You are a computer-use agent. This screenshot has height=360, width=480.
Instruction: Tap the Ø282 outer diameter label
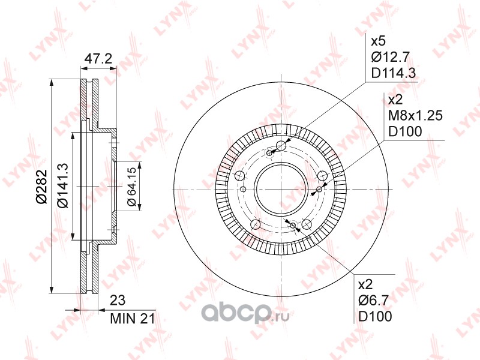[41, 186]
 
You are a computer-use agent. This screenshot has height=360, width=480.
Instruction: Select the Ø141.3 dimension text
[64, 185]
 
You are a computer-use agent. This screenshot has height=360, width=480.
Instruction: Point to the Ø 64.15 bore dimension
[131, 187]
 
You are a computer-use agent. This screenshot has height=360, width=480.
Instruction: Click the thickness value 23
[118, 301]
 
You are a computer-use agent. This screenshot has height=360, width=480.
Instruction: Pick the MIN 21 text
[133, 319]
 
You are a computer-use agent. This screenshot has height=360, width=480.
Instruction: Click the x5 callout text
[379, 41]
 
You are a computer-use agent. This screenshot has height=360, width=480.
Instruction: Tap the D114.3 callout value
[394, 73]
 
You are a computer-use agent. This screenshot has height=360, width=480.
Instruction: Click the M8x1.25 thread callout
[415, 115]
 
